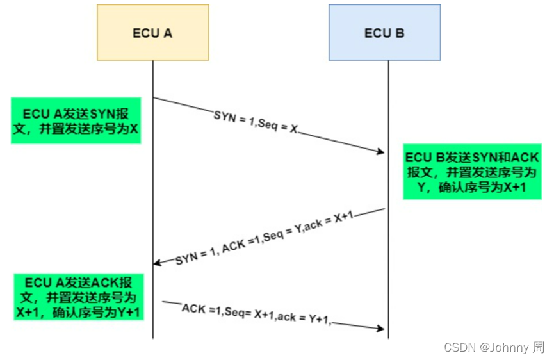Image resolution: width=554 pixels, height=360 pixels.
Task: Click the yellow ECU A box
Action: click(152, 33)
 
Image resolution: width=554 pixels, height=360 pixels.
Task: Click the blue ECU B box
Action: click(384, 33)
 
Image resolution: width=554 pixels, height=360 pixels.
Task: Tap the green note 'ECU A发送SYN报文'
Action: click(76, 120)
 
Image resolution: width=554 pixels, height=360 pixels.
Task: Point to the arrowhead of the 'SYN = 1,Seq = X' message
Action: click(380, 152)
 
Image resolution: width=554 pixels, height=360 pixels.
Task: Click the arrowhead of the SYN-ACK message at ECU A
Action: click(158, 263)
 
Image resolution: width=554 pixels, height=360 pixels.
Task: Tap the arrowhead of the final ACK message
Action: click(380, 329)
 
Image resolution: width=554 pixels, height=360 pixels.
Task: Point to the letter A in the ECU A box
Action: click(168, 33)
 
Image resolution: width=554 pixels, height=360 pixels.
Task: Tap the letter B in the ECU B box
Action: click(400, 33)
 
